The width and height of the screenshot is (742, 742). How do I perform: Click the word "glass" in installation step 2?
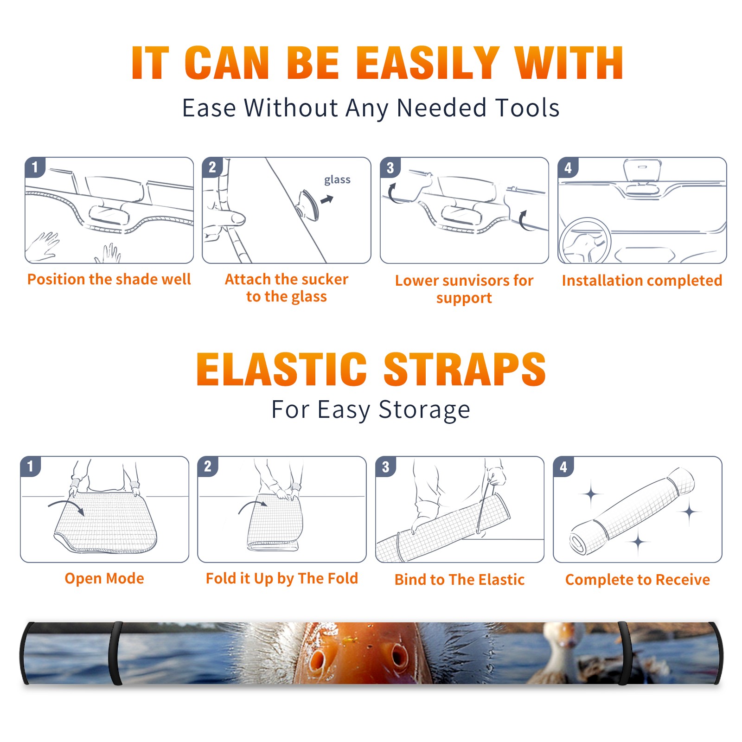(337, 180)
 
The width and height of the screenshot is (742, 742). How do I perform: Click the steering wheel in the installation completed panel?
(584, 241)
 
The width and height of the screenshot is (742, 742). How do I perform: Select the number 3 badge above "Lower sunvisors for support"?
(390, 167)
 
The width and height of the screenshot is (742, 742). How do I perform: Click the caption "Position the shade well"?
(109, 279)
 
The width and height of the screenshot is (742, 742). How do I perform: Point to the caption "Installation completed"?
(642, 280)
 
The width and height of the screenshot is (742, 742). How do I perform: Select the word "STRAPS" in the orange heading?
(465, 369)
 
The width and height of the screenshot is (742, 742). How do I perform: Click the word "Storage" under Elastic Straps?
(424, 410)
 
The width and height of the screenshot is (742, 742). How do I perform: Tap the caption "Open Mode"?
(104, 578)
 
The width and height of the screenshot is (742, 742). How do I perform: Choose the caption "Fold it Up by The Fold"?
(282, 578)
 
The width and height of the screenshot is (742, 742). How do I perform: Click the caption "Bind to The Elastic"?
(460, 579)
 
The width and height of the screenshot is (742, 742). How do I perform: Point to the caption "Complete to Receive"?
(638, 580)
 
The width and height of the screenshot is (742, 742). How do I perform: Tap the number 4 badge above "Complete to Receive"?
(563, 467)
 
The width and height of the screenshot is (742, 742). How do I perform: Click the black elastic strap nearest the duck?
(624, 653)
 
